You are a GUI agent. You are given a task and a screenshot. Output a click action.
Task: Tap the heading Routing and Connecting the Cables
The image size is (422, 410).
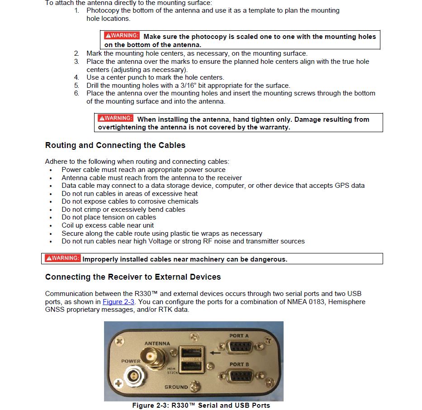pyautogui.click(x=115, y=145)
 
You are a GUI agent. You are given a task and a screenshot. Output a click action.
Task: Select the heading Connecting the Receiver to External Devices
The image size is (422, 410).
pyautogui.click(x=133, y=277)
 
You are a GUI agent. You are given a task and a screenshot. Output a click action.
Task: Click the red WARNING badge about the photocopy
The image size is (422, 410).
pyautogui.click(x=122, y=35)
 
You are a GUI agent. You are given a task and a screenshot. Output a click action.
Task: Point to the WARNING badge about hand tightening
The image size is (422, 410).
pyautogui.click(x=116, y=118)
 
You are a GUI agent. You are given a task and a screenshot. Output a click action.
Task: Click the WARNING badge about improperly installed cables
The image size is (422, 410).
pyautogui.click(x=62, y=258)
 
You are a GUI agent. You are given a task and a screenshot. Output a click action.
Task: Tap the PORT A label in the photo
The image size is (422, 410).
pyautogui.click(x=239, y=336)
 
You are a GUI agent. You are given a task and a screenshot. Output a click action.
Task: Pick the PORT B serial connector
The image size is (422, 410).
pyautogui.click(x=239, y=376)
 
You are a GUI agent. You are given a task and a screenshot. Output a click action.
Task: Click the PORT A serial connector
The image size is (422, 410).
pyautogui.click(x=239, y=347)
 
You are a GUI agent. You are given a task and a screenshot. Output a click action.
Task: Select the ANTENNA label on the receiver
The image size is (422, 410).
pyautogui.click(x=157, y=343)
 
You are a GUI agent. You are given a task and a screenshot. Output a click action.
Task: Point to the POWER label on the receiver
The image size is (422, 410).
pyautogui.click(x=131, y=361)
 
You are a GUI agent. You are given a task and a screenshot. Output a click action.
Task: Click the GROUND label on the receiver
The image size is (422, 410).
pyautogui.click(x=176, y=387)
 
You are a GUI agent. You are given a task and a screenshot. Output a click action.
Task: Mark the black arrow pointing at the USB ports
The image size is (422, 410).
pyautogui.click(x=215, y=353)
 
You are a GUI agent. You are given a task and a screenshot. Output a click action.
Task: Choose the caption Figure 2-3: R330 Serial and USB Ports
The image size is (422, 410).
pyautogui.click(x=201, y=405)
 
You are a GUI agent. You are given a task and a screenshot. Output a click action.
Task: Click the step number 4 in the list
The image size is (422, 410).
pyautogui.click(x=76, y=77)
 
